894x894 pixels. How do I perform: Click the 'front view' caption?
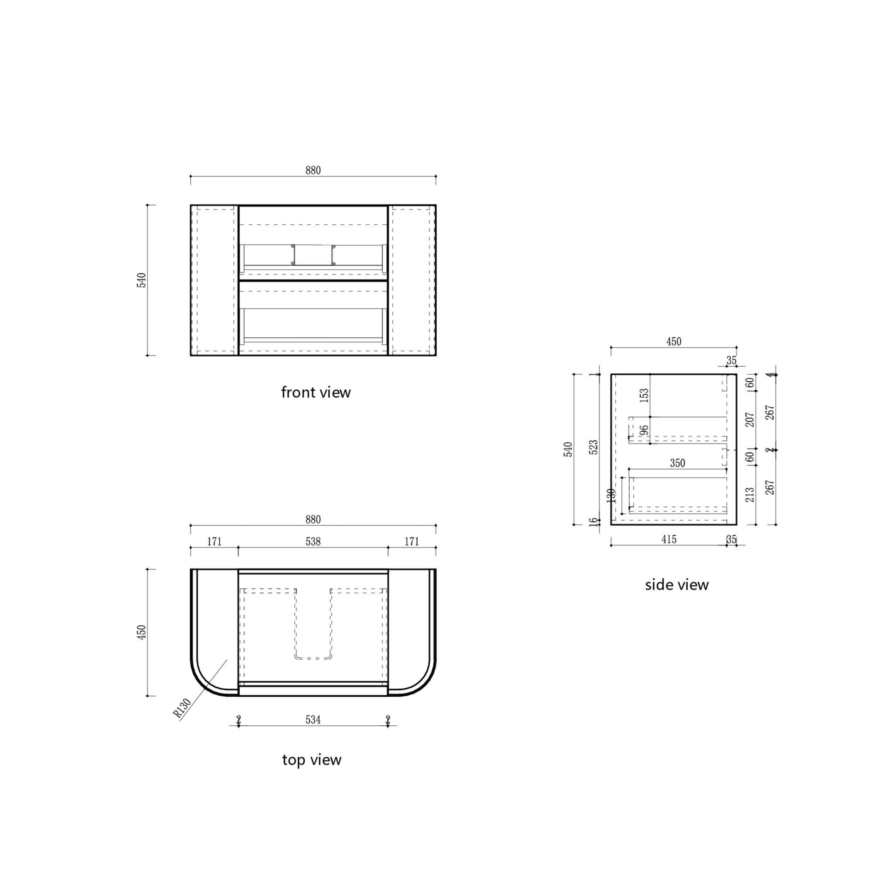(x=316, y=393)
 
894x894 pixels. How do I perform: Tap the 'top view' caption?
(x=312, y=760)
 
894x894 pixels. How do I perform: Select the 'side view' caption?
(x=676, y=585)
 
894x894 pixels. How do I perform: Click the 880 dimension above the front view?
(x=313, y=170)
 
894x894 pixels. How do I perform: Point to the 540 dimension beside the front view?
(x=141, y=280)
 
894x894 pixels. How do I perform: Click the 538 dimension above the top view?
(x=313, y=541)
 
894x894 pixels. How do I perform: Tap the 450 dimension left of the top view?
(x=141, y=632)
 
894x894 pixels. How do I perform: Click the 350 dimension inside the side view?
(x=677, y=463)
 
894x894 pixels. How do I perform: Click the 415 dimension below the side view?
(x=669, y=539)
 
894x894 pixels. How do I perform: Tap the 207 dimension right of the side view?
(x=750, y=420)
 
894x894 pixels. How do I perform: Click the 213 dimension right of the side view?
(x=750, y=494)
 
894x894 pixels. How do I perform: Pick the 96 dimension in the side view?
(x=644, y=430)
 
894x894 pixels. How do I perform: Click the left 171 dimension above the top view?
(x=214, y=541)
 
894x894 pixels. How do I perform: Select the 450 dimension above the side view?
(x=674, y=342)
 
